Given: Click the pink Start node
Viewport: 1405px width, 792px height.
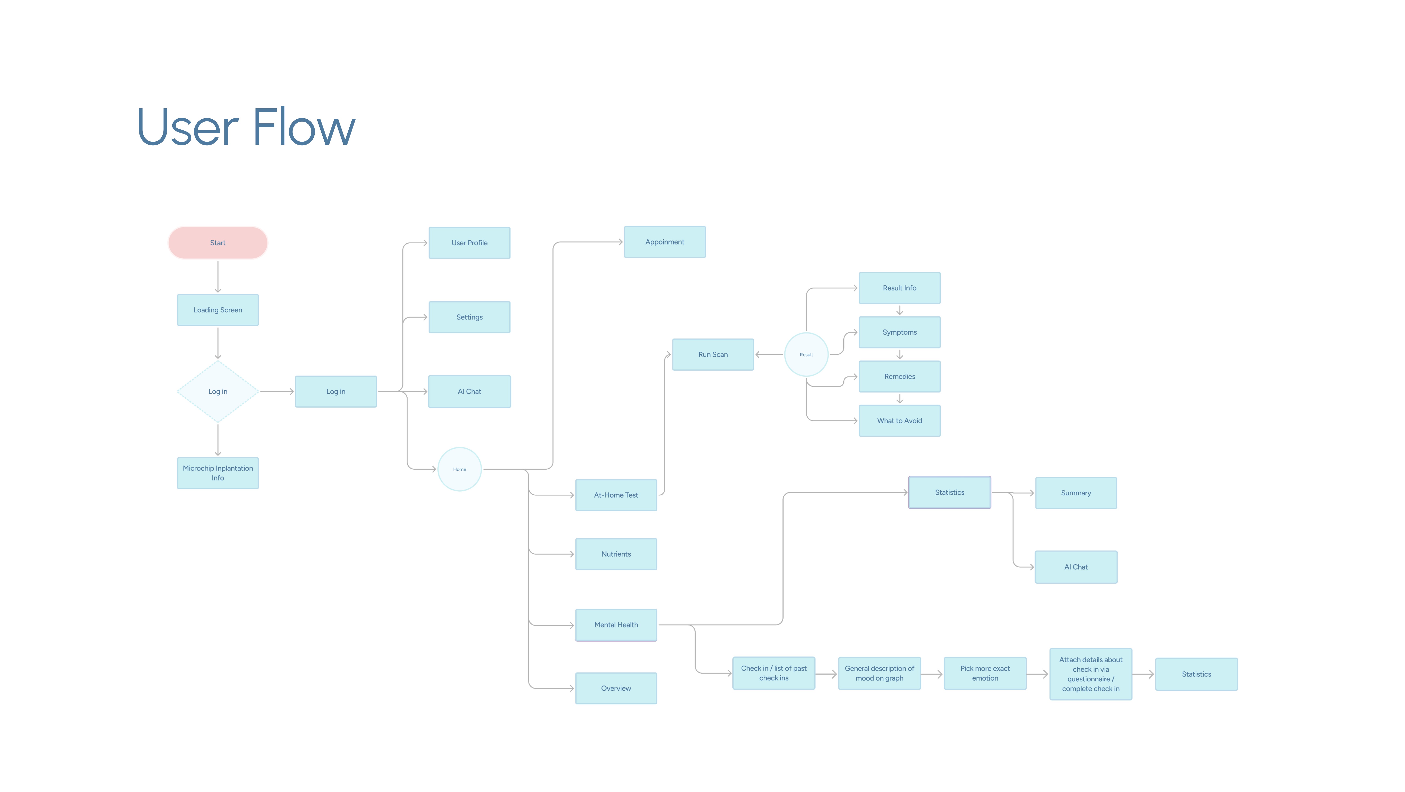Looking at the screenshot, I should [x=218, y=243].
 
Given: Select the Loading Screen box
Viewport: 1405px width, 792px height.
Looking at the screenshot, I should [x=218, y=310].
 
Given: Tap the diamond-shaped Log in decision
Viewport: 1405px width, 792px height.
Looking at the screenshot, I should [x=218, y=392].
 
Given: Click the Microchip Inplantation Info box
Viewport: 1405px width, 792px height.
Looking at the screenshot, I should [x=218, y=473].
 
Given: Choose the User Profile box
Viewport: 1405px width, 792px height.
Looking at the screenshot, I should [x=469, y=243].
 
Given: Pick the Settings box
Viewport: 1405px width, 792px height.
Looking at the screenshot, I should [x=469, y=317].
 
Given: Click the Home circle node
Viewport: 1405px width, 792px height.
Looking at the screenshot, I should [x=459, y=469].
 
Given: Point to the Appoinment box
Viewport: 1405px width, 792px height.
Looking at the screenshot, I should [x=664, y=242].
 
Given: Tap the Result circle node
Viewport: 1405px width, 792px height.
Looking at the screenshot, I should [x=806, y=355].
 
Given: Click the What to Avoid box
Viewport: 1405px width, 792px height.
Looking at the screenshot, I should [x=899, y=421].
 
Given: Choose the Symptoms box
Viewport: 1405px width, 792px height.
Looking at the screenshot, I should [x=899, y=332].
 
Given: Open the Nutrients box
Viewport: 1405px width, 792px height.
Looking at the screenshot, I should [x=616, y=554].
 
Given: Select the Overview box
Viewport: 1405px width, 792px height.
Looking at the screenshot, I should [x=616, y=688].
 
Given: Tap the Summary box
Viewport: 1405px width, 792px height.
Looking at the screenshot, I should [x=1075, y=493].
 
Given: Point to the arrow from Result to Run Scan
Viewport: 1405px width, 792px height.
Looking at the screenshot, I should [x=769, y=355].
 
